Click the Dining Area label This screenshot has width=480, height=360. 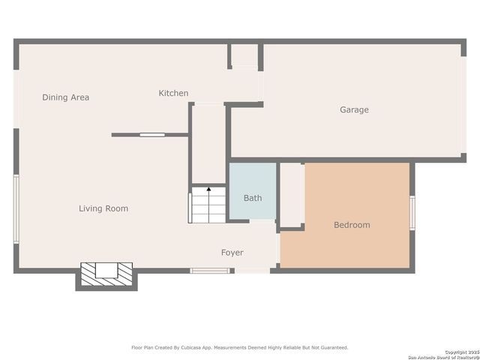pyautogui.click(x=65, y=97)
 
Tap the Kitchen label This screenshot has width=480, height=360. pyautogui.click(x=173, y=93)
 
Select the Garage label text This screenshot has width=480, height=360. pyautogui.click(x=354, y=109)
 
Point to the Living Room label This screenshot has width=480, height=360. pyautogui.click(x=103, y=208)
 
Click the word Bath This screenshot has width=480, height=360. pyautogui.click(x=253, y=198)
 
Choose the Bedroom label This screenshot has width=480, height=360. pyautogui.click(x=352, y=225)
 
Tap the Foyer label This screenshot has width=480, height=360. pyautogui.click(x=232, y=253)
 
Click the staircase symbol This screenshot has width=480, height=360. pyautogui.click(x=208, y=205)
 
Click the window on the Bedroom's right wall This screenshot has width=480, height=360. pyautogui.click(x=411, y=213)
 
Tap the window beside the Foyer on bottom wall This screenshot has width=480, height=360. pyautogui.click(x=209, y=270)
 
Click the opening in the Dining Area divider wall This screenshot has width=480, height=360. pyautogui.click(x=151, y=135)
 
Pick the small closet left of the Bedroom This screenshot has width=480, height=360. pyautogui.click(x=292, y=194)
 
